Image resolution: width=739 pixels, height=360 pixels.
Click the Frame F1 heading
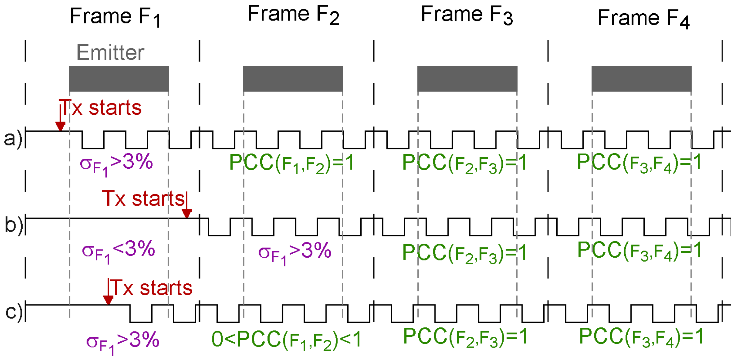click(x=115, y=17)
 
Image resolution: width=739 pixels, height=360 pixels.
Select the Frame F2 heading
click(x=293, y=15)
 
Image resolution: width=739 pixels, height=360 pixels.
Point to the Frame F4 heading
click(x=643, y=18)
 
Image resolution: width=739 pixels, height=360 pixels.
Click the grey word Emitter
click(x=110, y=52)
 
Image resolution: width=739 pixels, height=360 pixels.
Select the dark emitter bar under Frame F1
click(x=119, y=78)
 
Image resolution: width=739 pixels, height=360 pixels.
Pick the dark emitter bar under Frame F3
click(x=467, y=78)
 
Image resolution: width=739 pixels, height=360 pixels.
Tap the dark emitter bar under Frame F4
click(x=641, y=78)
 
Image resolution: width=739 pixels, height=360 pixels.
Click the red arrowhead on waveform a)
click(x=60, y=126)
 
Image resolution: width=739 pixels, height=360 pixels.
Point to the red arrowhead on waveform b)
click(x=187, y=213)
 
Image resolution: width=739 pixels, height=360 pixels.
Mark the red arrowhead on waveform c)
click(x=108, y=300)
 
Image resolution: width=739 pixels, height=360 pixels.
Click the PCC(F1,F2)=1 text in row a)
click(x=292, y=163)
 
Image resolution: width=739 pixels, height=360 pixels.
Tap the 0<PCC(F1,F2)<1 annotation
click(x=286, y=340)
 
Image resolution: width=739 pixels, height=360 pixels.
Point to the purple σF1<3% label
click(x=118, y=251)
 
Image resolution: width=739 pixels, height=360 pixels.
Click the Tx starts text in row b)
click(x=143, y=198)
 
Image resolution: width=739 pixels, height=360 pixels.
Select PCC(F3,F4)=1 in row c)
click(x=641, y=337)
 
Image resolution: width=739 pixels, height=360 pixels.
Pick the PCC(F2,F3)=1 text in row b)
click(x=464, y=253)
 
